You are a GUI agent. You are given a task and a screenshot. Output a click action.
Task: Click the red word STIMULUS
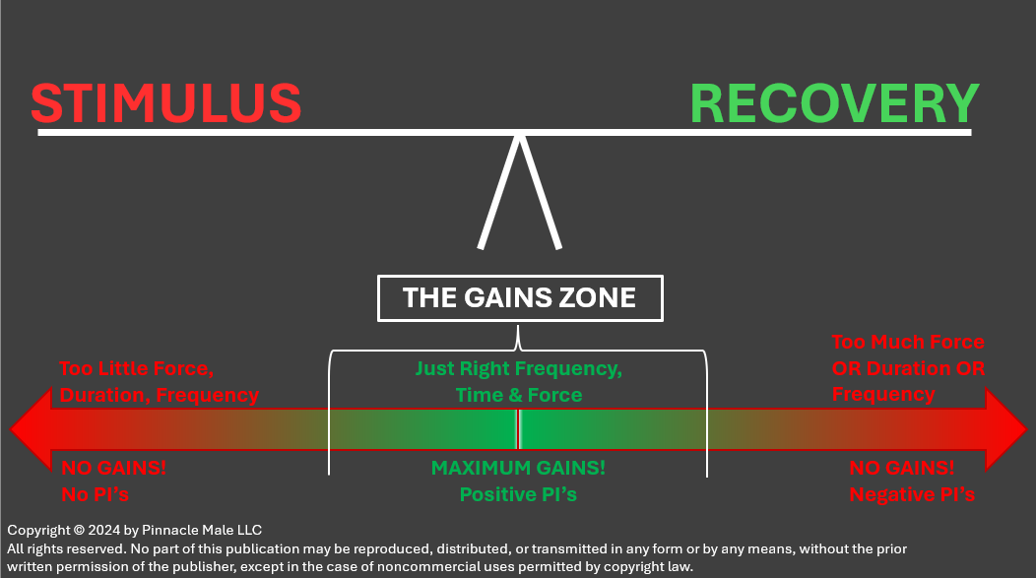tap(165, 103)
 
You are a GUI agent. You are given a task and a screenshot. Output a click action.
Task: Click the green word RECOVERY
tap(834, 103)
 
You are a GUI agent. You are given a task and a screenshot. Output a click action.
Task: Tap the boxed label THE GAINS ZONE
tap(520, 297)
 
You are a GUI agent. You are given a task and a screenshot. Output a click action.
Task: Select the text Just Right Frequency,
tap(518, 369)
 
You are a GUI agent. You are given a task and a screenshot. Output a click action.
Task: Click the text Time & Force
tap(518, 395)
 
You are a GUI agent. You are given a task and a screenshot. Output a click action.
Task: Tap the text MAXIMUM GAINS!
tap(518, 468)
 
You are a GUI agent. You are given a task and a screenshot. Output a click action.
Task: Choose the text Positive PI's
tap(518, 493)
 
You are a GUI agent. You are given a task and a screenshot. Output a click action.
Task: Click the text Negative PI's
tap(912, 493)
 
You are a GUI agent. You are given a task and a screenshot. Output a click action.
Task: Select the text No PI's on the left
tap(95, 493)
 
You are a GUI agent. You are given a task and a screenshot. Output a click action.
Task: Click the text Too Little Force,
tap(136, 369)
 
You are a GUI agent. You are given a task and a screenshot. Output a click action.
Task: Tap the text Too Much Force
tap(907, 342)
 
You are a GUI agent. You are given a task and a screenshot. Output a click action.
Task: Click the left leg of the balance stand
tap(497, 192)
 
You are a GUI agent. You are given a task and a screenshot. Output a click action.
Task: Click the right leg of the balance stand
tap(542, 192)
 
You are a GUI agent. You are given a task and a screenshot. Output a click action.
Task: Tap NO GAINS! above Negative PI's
tap(901, 468)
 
